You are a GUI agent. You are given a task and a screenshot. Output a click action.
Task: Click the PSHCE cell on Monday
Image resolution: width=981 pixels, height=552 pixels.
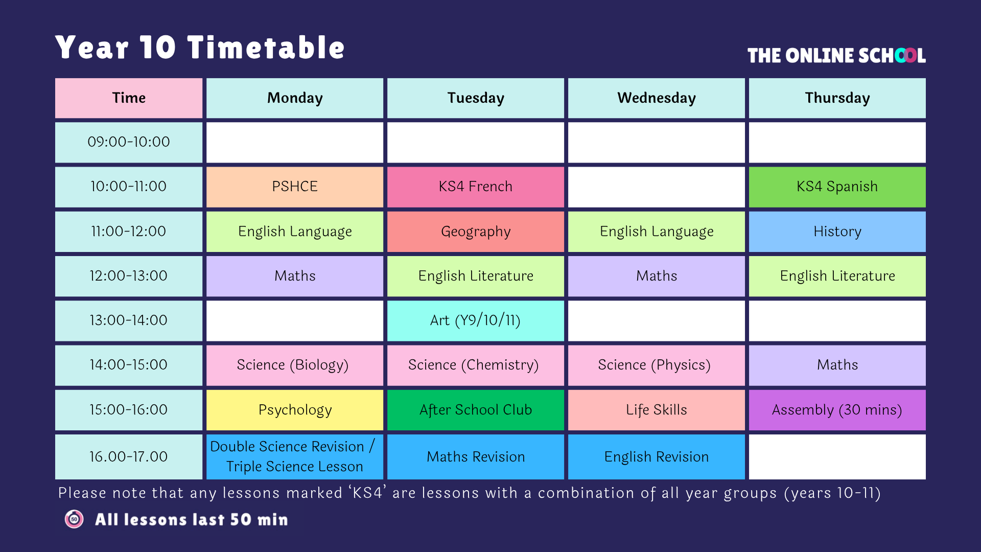(295, 187)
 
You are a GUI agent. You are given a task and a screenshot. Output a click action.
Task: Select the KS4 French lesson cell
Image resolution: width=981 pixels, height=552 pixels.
(476, 187)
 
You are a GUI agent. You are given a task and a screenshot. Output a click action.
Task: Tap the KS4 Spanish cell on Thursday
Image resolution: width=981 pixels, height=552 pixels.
(837, 187)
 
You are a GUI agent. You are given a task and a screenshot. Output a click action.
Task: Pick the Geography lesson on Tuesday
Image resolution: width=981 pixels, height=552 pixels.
(476, 232)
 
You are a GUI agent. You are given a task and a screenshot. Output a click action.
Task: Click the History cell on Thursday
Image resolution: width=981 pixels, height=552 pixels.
(837, 232)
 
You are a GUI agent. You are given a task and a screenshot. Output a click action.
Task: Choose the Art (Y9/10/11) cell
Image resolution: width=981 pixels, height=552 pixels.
(476, 320)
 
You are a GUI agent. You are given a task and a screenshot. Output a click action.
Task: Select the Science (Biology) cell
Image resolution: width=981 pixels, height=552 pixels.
(295, 365)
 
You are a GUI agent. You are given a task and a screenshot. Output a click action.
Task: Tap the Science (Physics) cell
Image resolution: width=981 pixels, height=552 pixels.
(657, 365)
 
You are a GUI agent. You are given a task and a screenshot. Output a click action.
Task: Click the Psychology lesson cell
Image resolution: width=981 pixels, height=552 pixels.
(295, 410)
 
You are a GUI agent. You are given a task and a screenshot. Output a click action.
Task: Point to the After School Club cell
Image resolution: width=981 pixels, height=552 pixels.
(476, 410)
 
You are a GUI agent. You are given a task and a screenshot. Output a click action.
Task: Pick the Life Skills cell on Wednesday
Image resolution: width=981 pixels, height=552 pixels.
(657, 410)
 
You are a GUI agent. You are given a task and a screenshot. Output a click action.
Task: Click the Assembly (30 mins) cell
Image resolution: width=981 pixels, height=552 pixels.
(837, 410)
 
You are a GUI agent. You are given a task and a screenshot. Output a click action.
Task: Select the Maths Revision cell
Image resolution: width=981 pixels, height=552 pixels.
(476, 457)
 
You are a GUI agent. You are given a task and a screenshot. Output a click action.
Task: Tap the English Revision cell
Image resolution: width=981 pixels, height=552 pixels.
(657, 457)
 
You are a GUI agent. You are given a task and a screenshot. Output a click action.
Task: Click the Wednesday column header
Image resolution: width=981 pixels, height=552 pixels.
(657, 98)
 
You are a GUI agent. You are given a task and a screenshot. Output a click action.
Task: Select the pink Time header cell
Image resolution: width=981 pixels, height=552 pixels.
(129, 98)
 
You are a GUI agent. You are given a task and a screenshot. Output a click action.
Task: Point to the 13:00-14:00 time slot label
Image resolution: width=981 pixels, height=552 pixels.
(129, 320)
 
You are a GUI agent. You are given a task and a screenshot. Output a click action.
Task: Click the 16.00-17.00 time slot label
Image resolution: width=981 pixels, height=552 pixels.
(129, 457)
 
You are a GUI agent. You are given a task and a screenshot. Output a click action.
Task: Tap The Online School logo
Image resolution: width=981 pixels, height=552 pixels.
(836, 55)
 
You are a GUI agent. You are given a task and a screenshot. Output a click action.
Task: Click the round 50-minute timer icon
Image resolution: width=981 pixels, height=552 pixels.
(74, 519)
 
